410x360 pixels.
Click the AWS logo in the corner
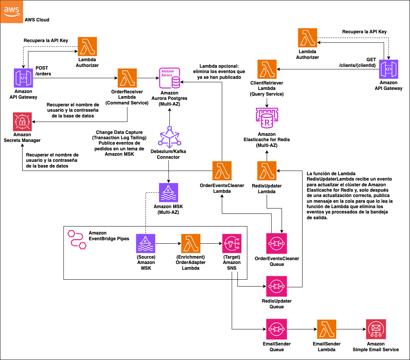coord(11,11)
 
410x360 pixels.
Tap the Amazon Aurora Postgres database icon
coord(169,78)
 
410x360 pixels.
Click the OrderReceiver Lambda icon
coord(127,78)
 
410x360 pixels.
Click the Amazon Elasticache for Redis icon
coord(267,119)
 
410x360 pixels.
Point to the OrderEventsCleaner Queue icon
coord(277,243)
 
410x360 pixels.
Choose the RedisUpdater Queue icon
coord(277,285)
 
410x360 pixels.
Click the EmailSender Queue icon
coord(277,329)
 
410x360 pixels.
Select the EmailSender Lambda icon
coord(327,329)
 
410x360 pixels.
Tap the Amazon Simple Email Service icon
coord(375,329)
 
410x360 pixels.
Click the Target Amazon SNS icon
coord(232,243)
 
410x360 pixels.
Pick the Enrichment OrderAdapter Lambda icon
coord(191,243)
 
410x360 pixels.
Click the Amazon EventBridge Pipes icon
coord(76,239)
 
